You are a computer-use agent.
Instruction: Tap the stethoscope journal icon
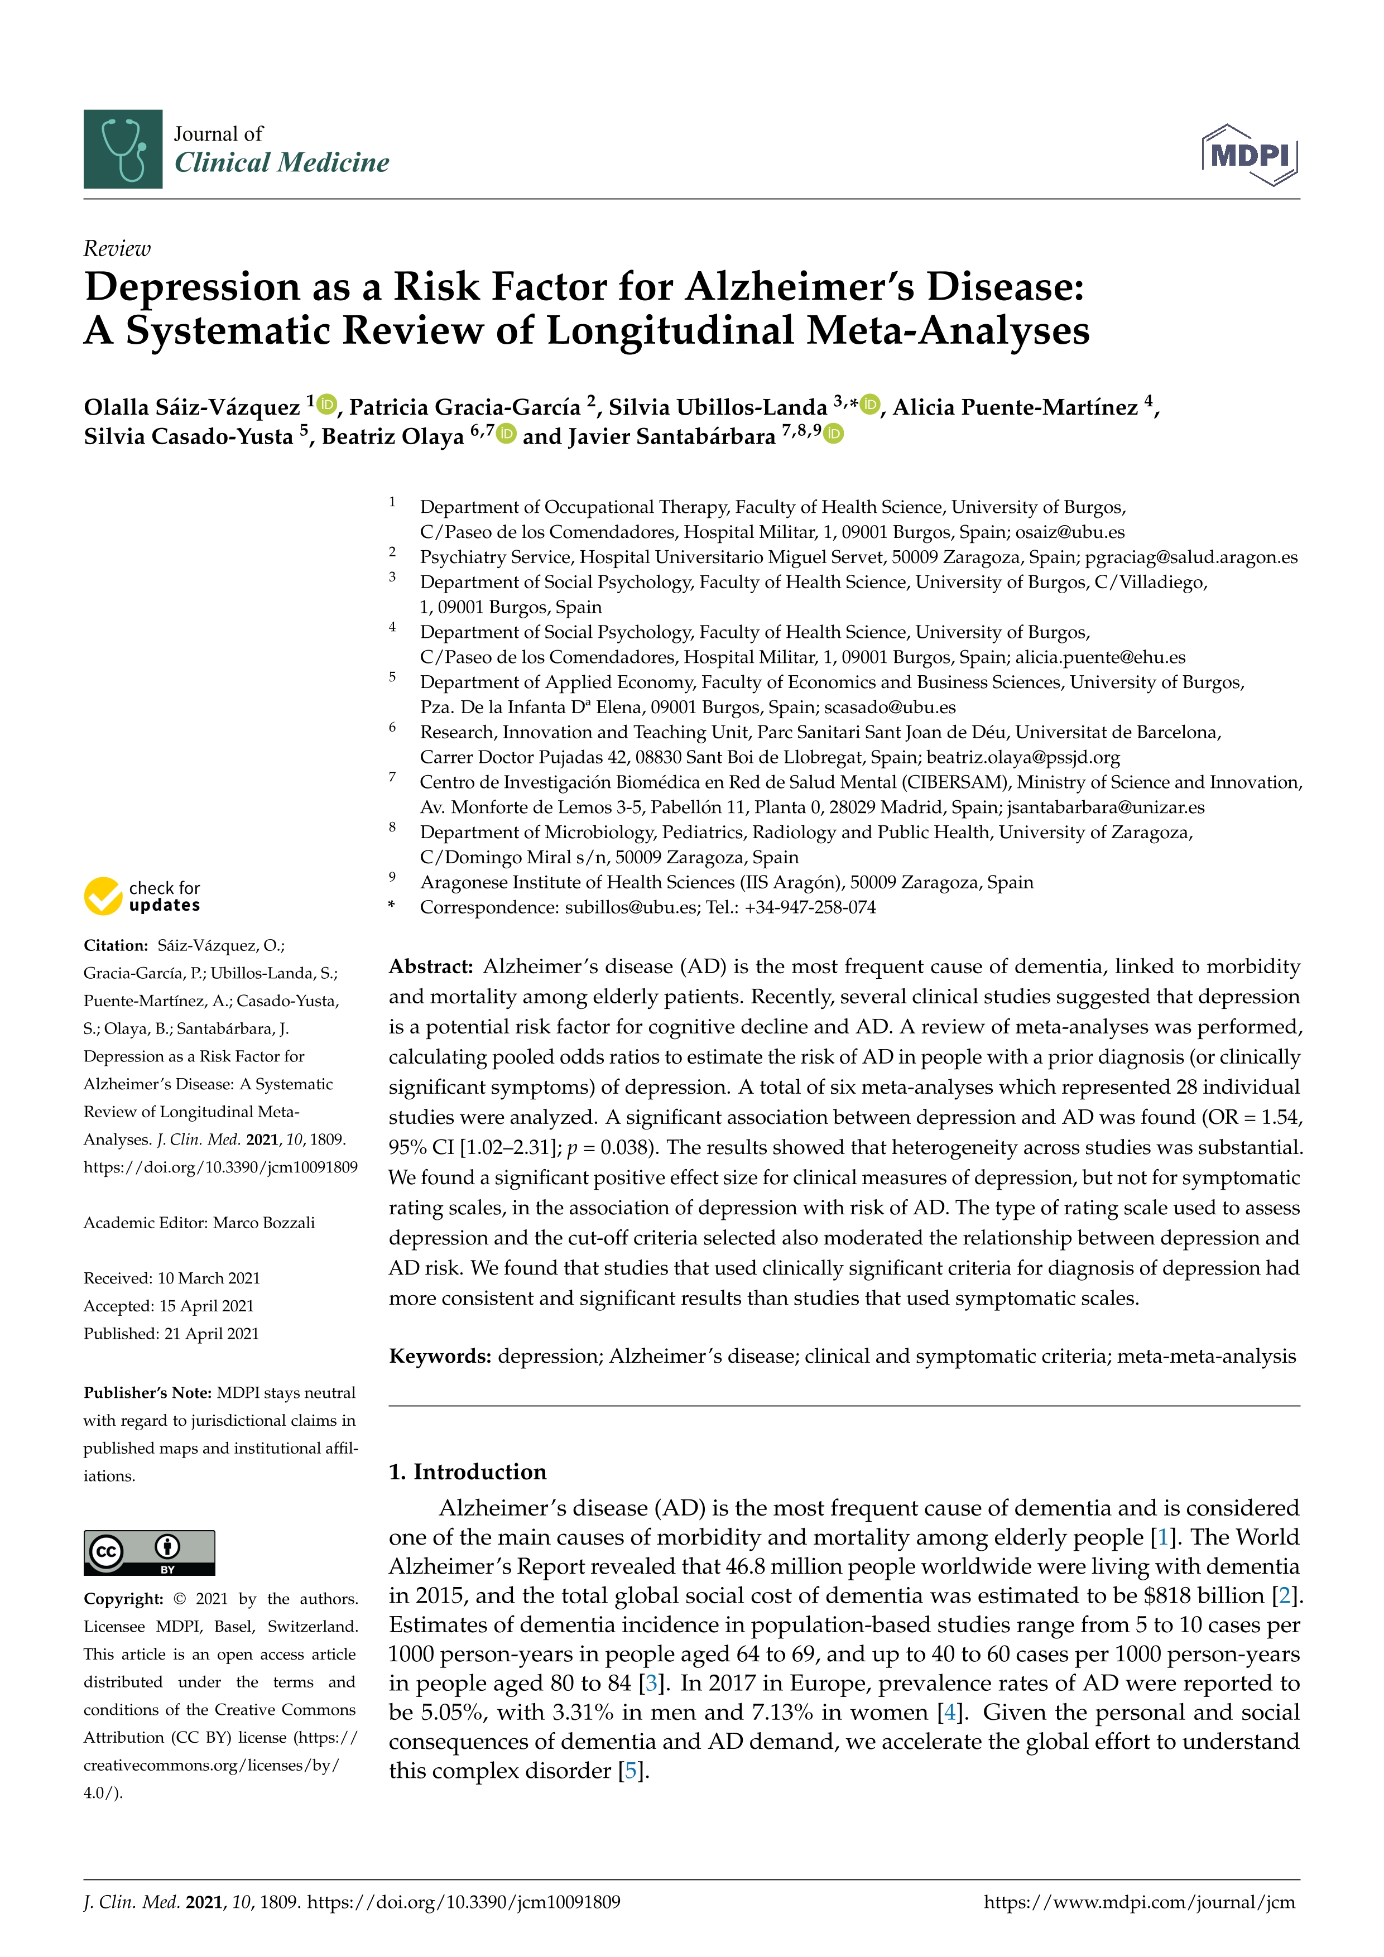point(123,149)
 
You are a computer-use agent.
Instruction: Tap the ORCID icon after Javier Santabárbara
point(833,434)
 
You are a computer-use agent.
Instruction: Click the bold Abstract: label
point(430,967)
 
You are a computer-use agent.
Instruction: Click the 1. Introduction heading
point(467,1472)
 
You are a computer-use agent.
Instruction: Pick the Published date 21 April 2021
point(212,1333)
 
